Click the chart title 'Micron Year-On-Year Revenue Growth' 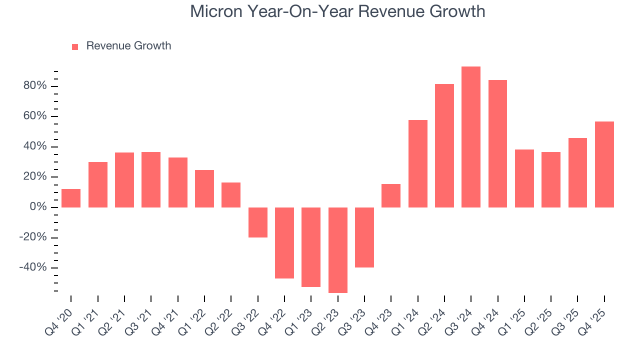click(337, 11)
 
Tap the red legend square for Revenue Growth click(75, 46)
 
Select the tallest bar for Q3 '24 click(471, 137)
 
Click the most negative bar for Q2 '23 click(337, 250)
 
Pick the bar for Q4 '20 click(71, 198)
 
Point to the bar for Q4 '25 click(604, 164)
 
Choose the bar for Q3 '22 click(258, 222)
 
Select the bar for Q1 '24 click(417, 163)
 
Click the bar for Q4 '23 click(391, 195)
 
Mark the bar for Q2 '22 click(231, 195)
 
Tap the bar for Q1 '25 click(524, 178)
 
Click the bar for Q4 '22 click(284, 243)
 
